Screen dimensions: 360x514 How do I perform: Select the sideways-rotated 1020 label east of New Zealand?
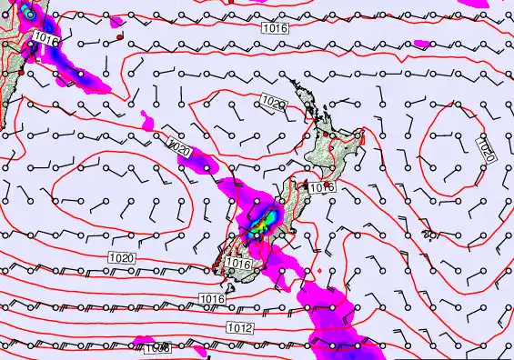click(485, 149)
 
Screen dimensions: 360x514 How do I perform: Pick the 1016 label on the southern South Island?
click(237, 264)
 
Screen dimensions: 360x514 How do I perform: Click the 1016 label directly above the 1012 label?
click(212, 298)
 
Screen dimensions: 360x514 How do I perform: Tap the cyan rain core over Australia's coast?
click(29, 14)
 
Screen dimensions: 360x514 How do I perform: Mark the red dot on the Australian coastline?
click(22, 57)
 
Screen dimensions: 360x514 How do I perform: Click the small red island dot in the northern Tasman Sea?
click(119, 36)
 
